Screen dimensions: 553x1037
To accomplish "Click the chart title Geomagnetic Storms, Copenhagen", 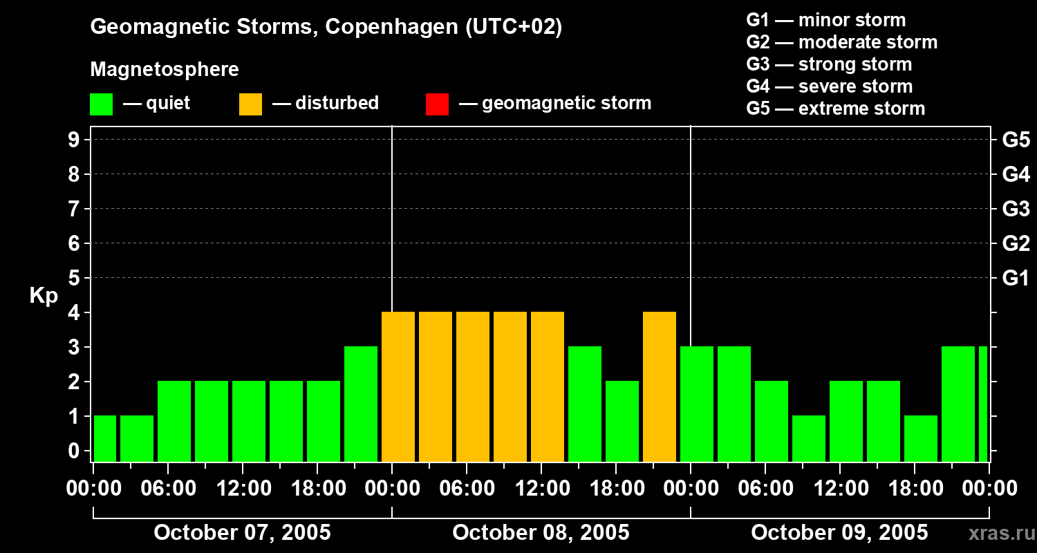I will (x=326, y=27).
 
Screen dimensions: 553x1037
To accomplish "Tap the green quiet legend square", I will (x=101, y=104).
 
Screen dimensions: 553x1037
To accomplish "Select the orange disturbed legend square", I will (x=250, y=104).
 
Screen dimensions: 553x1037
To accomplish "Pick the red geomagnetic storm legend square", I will (x=437, y=104).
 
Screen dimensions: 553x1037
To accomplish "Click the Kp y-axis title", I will (x=44, y=296).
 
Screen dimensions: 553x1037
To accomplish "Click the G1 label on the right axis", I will (x=1016, y=279).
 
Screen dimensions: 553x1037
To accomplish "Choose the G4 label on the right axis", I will (x=1016, y=174).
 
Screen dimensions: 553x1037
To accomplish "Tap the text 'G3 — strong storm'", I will (x=829, y=64).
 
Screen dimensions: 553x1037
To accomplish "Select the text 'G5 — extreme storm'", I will (x=835, y=109).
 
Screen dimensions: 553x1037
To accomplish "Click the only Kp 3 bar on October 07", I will (x=361, y=404).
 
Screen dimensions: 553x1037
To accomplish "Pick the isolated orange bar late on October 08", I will (x=660, y=386).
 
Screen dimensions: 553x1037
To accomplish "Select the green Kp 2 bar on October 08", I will (x=622, y=421).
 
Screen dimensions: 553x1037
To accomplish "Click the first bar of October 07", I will (x=104, y=438).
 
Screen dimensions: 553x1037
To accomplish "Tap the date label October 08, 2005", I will (x=541, y=532).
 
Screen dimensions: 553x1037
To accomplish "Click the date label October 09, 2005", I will (x=839, y=532).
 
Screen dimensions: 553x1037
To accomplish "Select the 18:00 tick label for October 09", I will (x=914, y=489).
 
